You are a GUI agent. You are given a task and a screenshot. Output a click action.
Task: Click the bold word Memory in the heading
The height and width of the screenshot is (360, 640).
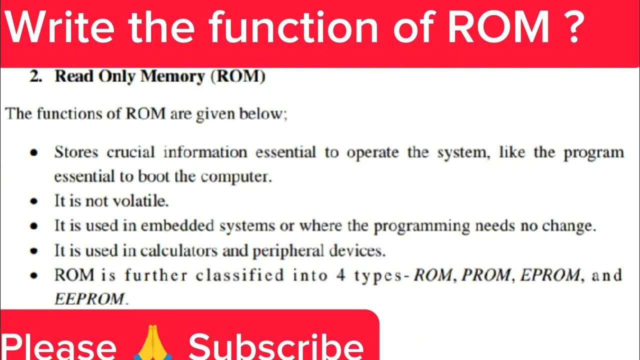[x=172, y=77]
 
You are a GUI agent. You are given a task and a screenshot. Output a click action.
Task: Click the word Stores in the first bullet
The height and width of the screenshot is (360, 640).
[x=75, y=152]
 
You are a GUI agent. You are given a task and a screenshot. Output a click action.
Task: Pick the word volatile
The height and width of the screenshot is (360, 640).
[x=142, y=201]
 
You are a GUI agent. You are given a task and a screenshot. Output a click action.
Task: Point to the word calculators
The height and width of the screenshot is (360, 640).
[x=177, y=250]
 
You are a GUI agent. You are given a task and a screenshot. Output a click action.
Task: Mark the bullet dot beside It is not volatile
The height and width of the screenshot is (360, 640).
[x=34, y=202]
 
